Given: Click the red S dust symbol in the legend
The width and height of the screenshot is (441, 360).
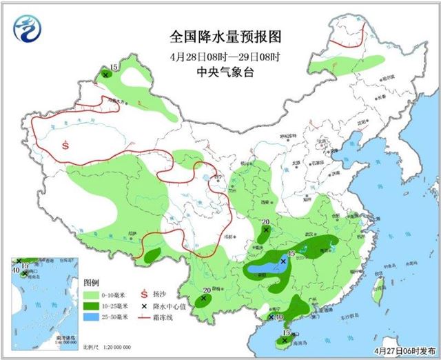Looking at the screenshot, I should point(144,294).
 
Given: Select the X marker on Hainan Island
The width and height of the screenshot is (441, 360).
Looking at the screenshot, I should point(285,340).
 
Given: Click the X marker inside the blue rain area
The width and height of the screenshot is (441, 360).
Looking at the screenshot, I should point(283,261).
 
